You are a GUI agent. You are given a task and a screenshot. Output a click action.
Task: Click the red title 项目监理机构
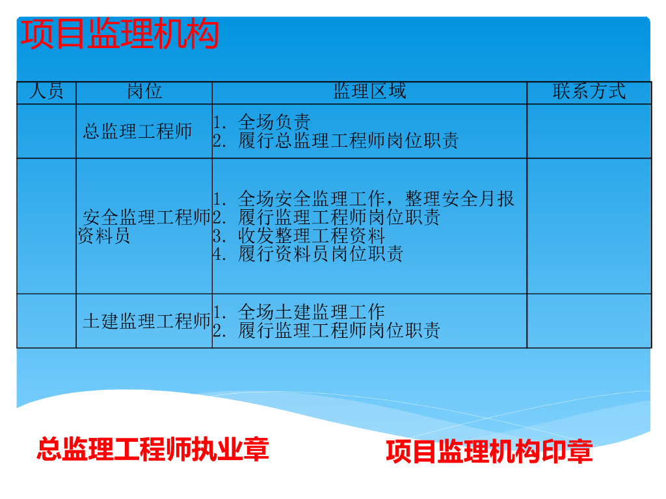click(120, 34)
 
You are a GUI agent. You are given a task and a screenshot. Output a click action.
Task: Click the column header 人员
click(46, 92)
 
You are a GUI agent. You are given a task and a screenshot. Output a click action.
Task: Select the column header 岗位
click(144, 92)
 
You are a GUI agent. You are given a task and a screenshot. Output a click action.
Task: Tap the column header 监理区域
click(369, 92)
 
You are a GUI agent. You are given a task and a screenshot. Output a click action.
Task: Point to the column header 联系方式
click(589, 92)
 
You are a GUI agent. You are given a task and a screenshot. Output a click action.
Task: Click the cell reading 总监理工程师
click(138, 131)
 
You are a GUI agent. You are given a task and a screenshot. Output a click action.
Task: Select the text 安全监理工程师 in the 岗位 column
click(146, 218)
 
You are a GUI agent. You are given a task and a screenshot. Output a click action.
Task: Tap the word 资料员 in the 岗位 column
click(104, 236)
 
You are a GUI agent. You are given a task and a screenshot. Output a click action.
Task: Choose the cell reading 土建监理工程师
click(146, 321)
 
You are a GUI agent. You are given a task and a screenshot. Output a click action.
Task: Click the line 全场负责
click(262, 122)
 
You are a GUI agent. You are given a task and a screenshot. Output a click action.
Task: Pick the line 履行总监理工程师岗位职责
click(336, 141)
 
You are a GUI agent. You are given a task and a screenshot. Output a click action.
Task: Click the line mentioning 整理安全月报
click(364, 199)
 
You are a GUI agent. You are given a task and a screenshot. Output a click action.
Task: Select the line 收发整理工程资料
click(299, 236)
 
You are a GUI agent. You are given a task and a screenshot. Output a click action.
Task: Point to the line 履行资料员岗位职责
click(308, 254)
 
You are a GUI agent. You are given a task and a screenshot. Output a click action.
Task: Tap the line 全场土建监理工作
click(299, 312)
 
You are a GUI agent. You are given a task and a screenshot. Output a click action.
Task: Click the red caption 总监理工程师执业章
click(153, 450)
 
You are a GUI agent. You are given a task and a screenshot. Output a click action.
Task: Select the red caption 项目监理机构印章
click(489, 452)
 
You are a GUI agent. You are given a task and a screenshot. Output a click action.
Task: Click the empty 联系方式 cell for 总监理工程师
click(589, 131)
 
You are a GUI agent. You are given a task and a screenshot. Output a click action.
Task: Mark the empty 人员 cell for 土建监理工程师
click(46, 321)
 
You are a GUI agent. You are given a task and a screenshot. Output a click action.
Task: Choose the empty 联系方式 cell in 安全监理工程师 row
click(589, 226)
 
